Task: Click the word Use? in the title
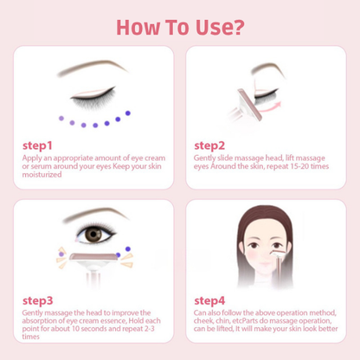(220, 28)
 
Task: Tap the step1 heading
(37, 145)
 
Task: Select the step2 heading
(209, 145)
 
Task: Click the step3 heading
(38, 300)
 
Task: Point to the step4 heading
(209, 300)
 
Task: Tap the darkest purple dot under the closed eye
(128, 113)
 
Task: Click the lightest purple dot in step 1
(61, 119)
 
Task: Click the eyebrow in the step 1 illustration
(92, 67)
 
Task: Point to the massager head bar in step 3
(93, 256)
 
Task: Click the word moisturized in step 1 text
(42, 175)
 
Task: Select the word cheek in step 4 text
(202, 321)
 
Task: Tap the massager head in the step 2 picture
(250, 105)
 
